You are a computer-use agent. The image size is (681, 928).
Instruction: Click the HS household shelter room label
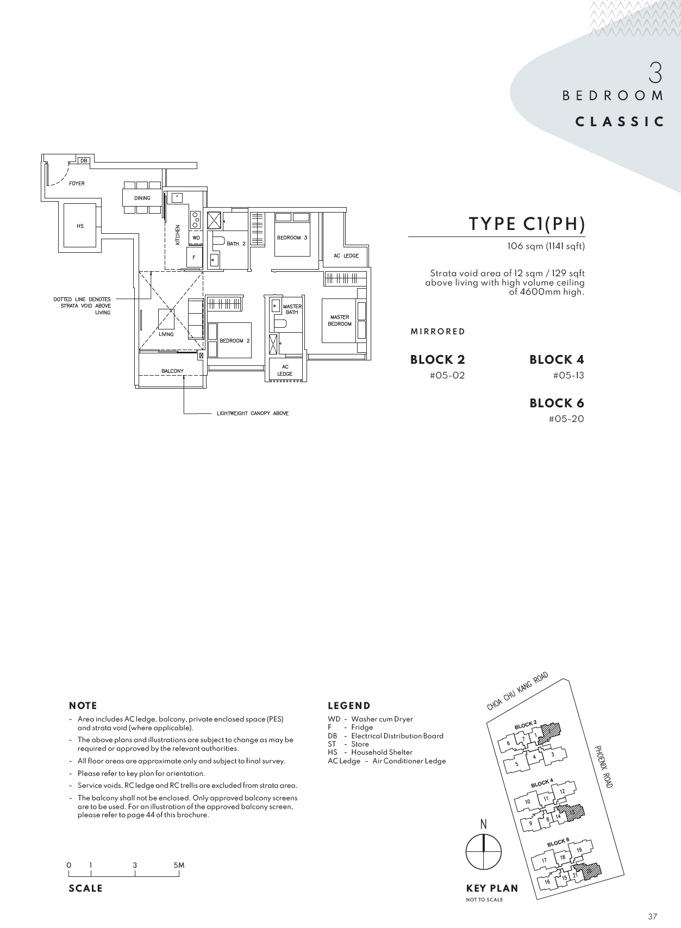tap(80, 226)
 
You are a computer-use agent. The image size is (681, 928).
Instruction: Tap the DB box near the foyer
tap(83, 160)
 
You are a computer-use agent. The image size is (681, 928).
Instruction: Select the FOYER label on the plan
tap(77, 183)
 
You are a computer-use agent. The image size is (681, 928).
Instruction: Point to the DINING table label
tap(142, 198)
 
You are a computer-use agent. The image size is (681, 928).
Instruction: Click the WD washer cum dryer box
tap(196, 238)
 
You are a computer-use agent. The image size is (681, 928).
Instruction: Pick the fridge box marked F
tap(193, 257)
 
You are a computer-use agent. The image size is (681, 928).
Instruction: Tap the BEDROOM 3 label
tap(292, 238)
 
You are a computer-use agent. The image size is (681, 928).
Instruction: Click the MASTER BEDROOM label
tap(340, 320)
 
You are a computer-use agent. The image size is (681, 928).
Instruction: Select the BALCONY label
tap(172, 371)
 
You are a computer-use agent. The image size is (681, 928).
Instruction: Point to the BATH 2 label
tap(236, 244)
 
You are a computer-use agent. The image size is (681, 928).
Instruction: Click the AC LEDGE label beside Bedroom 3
tap(346, 256)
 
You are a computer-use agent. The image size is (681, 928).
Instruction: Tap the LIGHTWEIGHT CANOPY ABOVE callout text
tap(253, 413)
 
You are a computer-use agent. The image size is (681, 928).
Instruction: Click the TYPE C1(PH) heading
tap(527, 223)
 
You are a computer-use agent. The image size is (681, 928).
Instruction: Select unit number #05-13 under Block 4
tap(568, 375)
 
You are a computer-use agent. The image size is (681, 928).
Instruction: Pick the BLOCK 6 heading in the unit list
tap(557, 403)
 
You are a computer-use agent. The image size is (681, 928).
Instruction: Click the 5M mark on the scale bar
tap(179, 865)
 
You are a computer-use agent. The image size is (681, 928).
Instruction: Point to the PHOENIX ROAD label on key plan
tap(603, 767)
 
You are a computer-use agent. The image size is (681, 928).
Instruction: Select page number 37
tap(653, 916)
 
